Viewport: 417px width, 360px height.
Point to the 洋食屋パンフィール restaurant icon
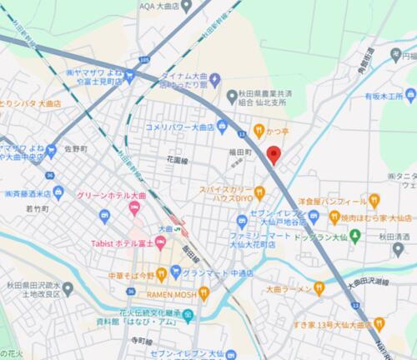374,201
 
